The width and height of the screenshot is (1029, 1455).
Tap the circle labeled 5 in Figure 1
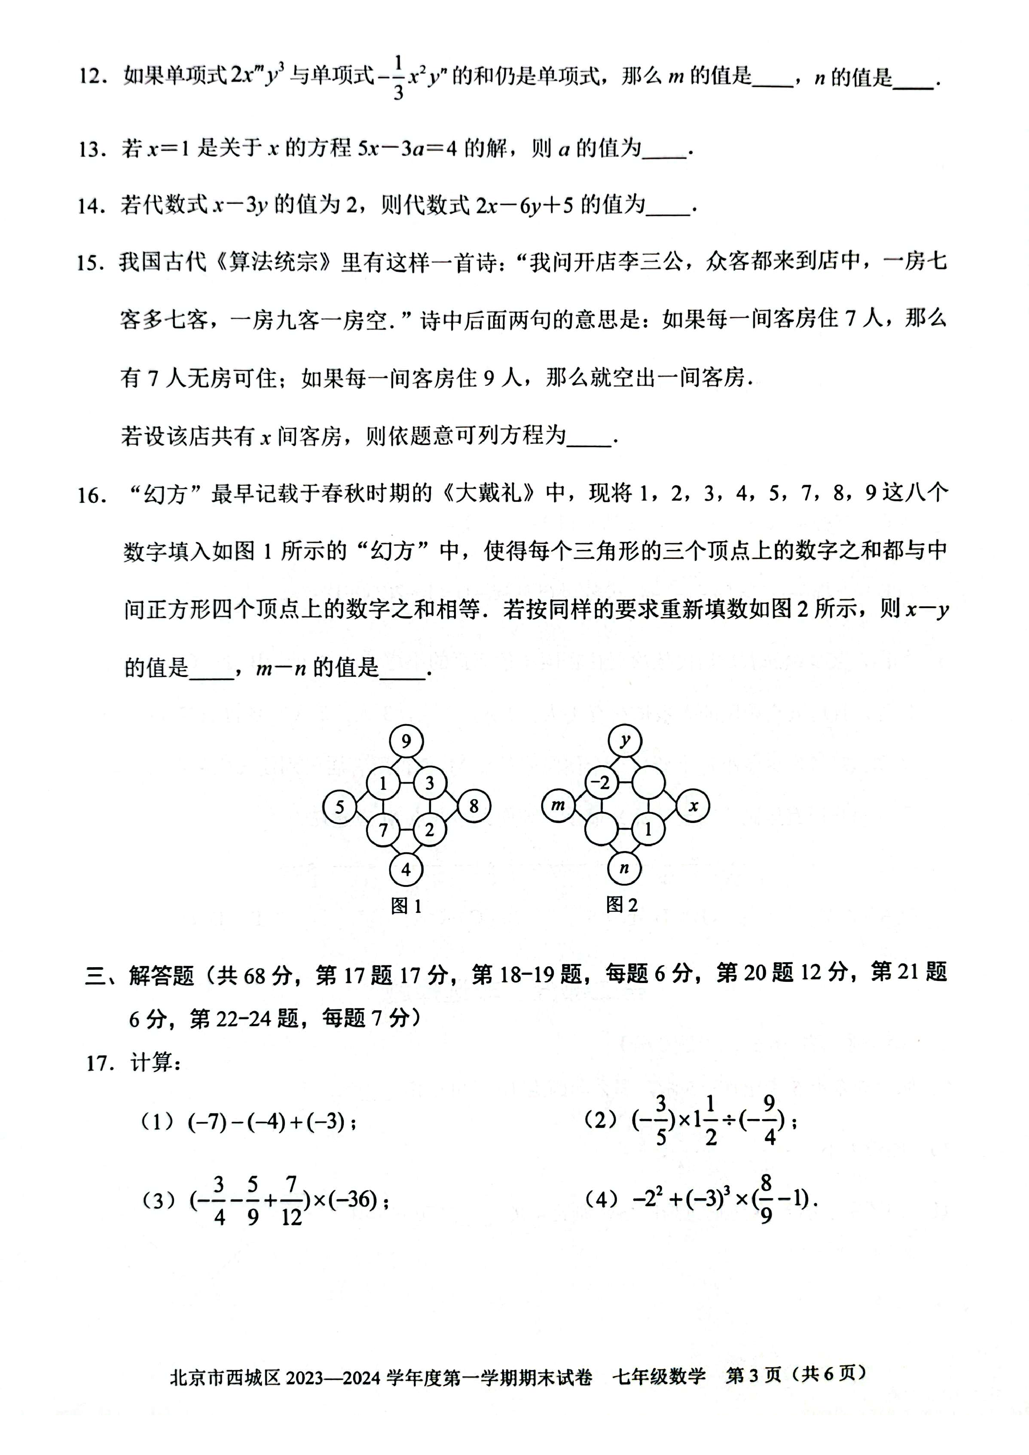click(339, 807)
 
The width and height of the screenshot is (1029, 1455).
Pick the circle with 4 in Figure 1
click(406, 869)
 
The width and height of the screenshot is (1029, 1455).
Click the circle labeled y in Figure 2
click(625, 741)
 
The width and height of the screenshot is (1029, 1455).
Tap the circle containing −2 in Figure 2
click(600, 783)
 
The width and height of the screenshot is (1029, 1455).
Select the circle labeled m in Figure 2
click(558, 805)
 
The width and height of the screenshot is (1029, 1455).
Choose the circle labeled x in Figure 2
click(693, 805)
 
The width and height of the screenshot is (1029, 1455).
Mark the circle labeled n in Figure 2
click(625, 868)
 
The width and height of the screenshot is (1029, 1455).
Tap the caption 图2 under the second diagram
click(621, 905)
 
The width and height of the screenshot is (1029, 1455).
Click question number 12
click(90, 77)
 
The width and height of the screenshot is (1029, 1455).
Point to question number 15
click(89, 263)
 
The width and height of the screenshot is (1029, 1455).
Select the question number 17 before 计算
click(99, 1063)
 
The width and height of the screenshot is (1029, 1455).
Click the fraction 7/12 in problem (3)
click(291, 1201)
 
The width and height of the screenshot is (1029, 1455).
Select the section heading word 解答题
click(161, 975)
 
